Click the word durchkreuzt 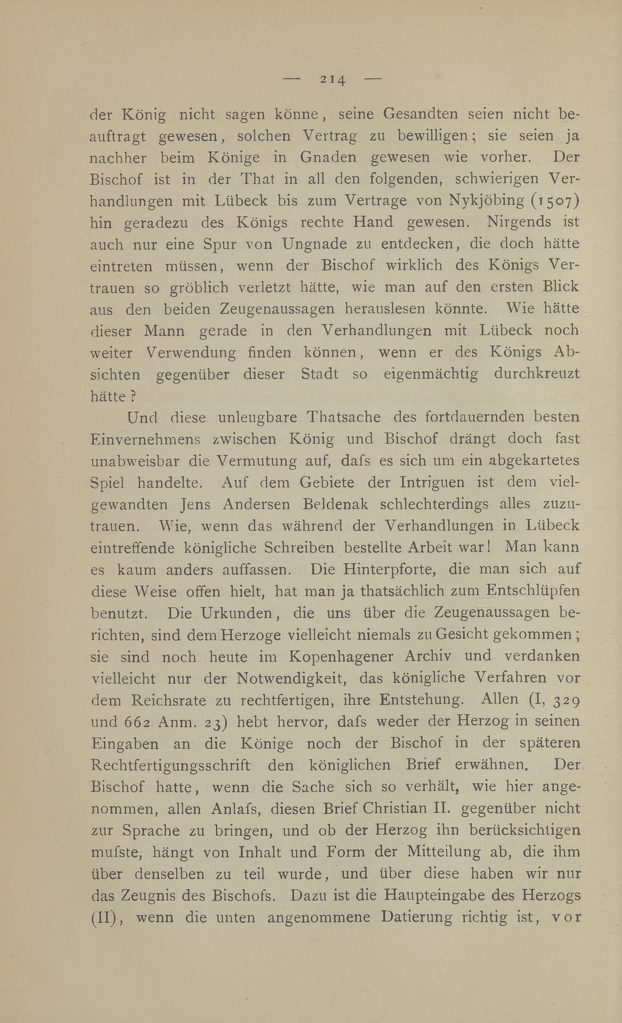537,374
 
